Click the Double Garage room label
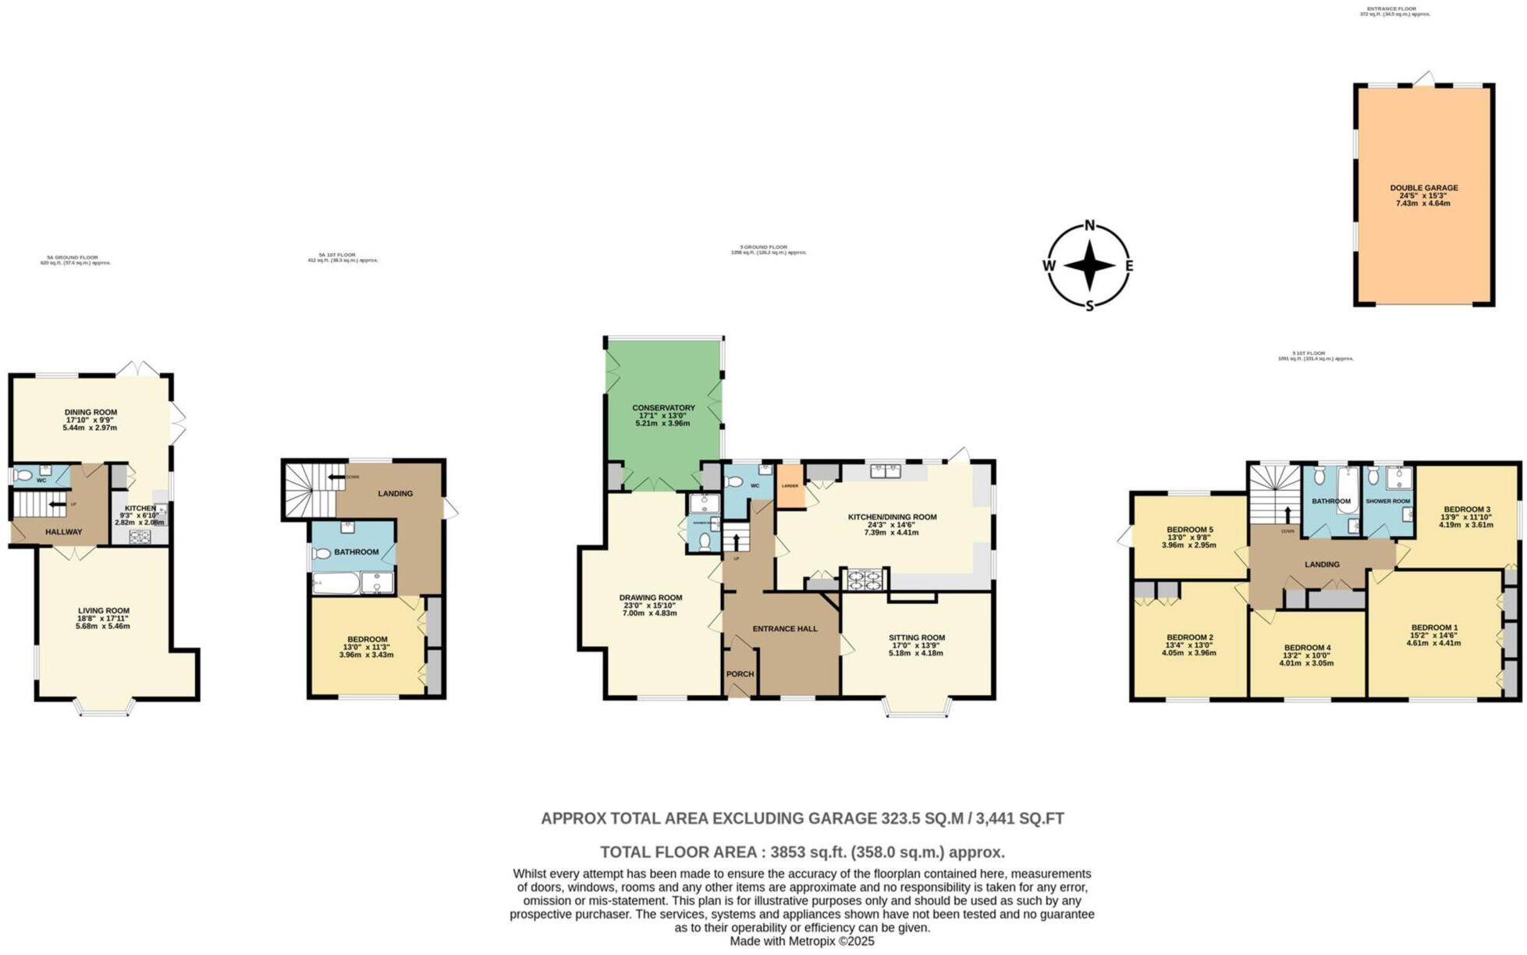1423,187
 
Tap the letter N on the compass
1090,226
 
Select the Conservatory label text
663,407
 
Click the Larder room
790,487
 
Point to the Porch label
740,674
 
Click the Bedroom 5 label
1190,529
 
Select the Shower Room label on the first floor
1388,501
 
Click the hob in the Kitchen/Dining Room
864,579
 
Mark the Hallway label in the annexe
63,532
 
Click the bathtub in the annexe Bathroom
336,584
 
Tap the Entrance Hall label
785,628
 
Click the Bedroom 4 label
1307,648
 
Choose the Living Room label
104,611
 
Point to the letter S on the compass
1090,305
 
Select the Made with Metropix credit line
801,942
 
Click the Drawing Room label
652,598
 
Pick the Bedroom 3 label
1466,509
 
